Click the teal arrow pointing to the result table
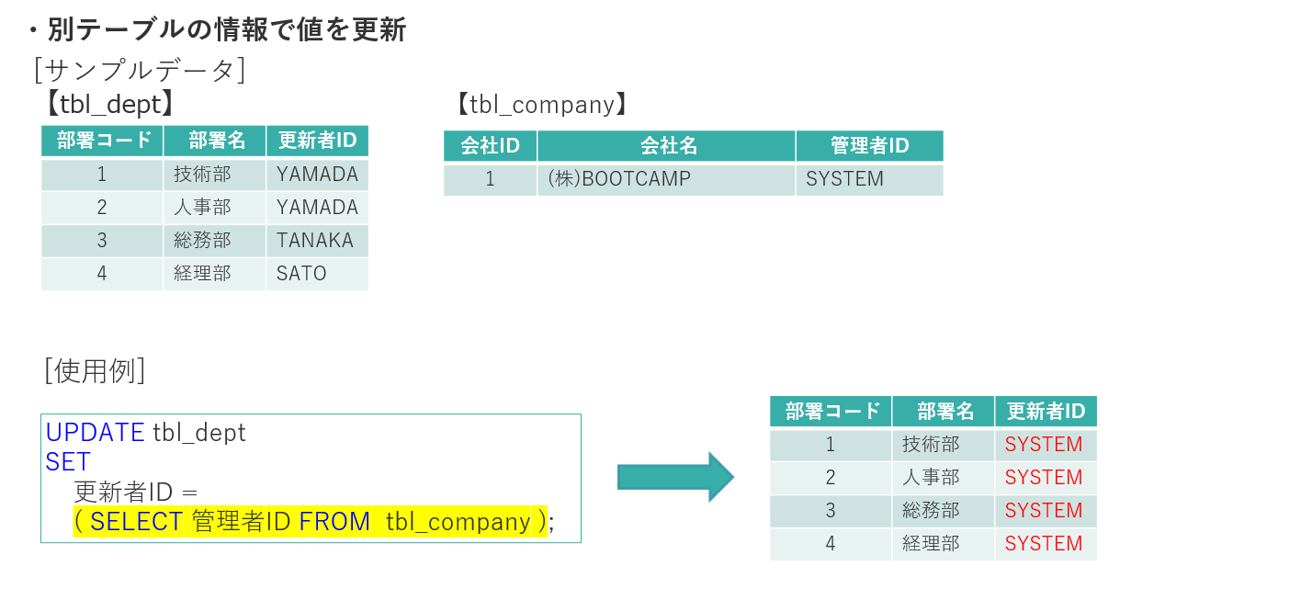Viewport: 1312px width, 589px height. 675,477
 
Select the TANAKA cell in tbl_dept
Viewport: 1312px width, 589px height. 317,241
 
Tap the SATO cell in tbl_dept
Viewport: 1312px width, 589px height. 317,274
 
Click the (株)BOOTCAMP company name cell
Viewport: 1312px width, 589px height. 666,179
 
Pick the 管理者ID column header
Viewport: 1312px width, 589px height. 869,145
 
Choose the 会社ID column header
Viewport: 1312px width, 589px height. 490,145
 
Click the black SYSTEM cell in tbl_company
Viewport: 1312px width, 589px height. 869,179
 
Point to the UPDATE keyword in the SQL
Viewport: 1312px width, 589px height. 95,433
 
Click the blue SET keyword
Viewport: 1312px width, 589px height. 68,462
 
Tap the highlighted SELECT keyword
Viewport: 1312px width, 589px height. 136,521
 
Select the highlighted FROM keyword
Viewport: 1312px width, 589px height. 334,521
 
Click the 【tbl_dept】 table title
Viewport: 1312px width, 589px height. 110,105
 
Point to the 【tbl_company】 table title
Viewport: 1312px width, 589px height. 542,105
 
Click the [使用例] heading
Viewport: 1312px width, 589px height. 95,370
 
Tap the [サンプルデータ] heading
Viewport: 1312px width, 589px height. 140,71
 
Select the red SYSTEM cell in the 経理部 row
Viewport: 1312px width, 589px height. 1046,544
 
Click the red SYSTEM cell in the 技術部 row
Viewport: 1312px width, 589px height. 1046,444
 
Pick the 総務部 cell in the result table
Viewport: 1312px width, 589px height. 943,511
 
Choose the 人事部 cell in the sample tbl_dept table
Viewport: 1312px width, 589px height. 214,208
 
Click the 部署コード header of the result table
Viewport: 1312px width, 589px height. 831,412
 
